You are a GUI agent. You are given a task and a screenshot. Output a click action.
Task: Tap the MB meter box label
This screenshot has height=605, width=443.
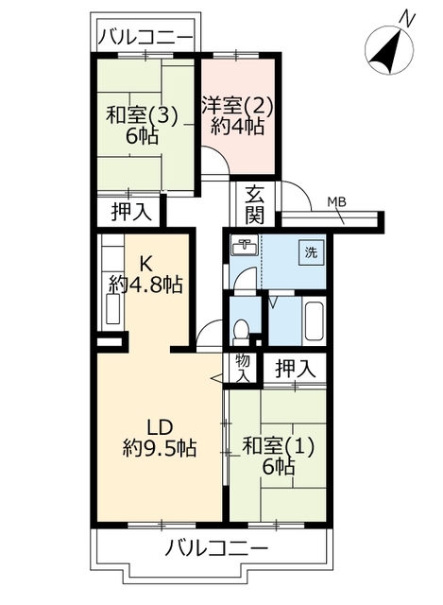coord(336,201)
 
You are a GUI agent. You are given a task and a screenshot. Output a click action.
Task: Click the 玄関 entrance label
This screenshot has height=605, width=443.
coord(255,204)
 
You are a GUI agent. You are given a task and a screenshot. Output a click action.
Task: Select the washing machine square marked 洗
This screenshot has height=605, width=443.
coord(311,252)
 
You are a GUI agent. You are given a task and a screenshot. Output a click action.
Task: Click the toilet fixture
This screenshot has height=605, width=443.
coord(242,332)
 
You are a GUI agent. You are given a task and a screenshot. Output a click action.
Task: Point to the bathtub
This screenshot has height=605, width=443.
coord(315,320)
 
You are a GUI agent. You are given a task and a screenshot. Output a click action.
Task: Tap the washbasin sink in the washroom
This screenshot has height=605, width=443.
coord(246,246)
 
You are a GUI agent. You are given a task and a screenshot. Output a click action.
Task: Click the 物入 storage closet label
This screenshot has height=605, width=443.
coord(243,369)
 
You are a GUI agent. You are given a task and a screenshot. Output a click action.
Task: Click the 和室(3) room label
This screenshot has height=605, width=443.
coord(143,115)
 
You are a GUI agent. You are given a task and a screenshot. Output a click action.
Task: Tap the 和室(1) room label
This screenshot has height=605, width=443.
coord(279,447)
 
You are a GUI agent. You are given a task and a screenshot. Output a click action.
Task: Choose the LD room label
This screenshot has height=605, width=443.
coord(160,427)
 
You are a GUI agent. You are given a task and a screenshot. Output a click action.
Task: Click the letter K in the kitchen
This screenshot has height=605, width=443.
coord(145,265)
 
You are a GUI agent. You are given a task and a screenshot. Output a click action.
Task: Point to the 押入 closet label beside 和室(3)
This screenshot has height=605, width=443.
coord(132,212)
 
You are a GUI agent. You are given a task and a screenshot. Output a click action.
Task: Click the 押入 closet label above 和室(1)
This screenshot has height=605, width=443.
coord(296,369)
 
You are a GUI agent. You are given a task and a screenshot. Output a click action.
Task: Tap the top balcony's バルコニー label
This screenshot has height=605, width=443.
coord(145,38)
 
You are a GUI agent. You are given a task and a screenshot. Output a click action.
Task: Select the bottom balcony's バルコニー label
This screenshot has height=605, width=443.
coord(216,548)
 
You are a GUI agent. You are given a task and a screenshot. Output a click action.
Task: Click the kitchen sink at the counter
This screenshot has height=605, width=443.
coord(113,309)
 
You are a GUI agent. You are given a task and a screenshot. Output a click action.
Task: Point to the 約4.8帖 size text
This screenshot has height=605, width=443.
coord(145,285)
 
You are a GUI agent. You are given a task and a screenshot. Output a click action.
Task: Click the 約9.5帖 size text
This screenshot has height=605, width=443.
coord(160,448)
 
